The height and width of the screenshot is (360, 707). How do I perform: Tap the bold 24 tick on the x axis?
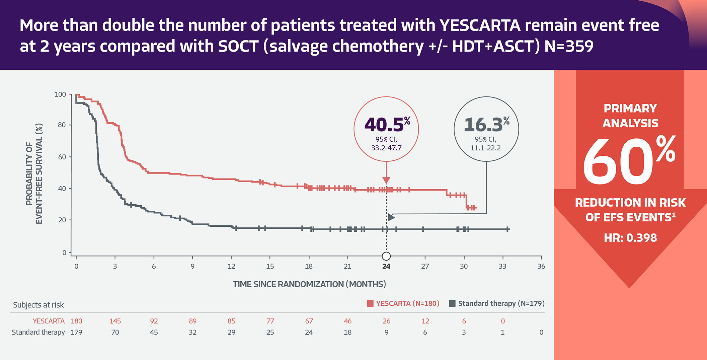[386, 267]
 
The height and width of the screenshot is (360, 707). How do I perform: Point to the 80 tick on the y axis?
[62, 125]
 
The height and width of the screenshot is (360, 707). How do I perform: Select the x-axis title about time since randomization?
[309, 284]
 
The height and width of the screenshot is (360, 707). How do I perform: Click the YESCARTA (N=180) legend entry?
[403, 303]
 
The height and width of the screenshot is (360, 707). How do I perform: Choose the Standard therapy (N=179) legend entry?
[497, 303]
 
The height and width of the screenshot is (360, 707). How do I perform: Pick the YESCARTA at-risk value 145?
[115, 321]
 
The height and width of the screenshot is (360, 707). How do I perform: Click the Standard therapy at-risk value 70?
[115, 333]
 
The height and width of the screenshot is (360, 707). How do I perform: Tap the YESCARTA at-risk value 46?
[347, 321]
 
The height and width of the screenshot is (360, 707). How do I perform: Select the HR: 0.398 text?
[630, 238]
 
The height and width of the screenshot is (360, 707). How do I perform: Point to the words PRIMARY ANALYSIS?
[630, 116]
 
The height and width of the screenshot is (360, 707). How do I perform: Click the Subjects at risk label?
[38, 305]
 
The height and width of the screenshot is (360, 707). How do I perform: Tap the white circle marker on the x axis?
[386, 256]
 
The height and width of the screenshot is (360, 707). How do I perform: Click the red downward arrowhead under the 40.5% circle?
[386, 181]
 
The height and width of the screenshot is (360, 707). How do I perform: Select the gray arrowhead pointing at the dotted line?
[391, 217]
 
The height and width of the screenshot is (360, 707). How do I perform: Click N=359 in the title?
[569, 46]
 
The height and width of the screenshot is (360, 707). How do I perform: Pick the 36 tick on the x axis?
[541, 267]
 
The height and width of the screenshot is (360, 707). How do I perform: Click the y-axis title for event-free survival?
[34, 173]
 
